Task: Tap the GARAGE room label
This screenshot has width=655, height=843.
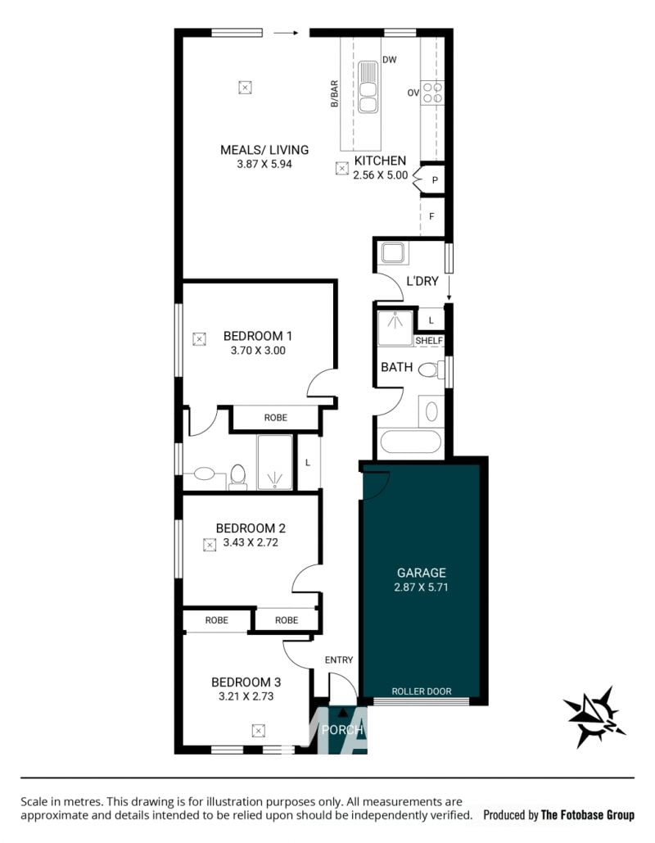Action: (422, 573)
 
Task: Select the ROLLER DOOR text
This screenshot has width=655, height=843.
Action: (422, 691)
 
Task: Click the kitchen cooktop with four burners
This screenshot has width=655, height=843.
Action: (432, 93)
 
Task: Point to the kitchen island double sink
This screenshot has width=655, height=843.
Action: (368, 87)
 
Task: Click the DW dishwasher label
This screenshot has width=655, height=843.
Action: (390, 60)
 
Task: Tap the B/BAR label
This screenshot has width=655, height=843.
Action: (334, 94)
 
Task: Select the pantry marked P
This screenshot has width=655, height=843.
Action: (434, 180)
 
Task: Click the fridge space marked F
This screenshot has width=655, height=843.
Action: (432, 216)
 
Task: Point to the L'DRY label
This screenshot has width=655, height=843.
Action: (422, 281)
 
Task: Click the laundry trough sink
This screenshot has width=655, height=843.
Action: (393, 252)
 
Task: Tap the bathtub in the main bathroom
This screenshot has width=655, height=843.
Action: (411, 442)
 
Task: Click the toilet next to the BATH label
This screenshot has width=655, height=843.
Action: (431, 370)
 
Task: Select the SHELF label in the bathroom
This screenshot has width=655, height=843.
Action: (429, 341)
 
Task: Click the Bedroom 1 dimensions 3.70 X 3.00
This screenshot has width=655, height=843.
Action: (258, 351)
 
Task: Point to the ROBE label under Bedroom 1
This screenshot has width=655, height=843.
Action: (276, 418)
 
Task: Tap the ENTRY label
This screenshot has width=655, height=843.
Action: (338, 659)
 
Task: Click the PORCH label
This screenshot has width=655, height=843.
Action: (342, 730)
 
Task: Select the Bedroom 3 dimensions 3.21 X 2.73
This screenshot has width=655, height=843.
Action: (246, 696)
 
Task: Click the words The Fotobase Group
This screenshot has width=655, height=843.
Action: (588, 815)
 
